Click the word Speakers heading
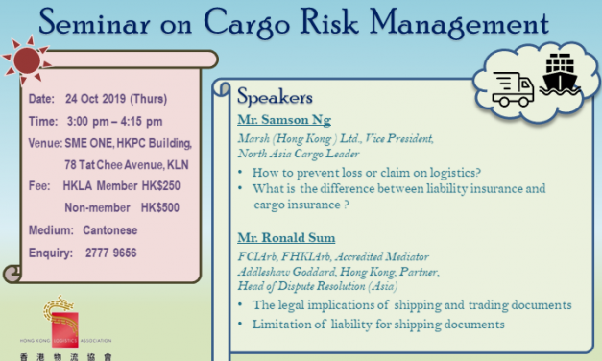[x=277, y=96]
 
